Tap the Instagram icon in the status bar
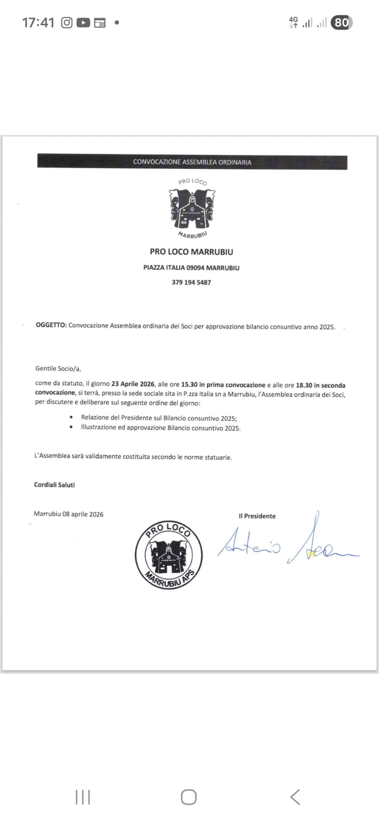[67, 23]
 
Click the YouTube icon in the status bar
[83, 23]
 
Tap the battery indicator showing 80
[341, 23]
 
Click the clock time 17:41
[38, 23]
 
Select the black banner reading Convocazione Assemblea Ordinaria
[192, 162]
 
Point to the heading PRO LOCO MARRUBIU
[191, 252]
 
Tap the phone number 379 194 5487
[191, 282]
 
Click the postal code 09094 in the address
[195, 268]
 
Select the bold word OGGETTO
[51, 325]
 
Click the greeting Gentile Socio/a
[58, 368]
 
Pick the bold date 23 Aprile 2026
[133, 384]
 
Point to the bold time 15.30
[189, 384]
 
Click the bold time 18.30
[304, 385]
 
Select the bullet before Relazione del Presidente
[71, 417]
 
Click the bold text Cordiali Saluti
[55, 485]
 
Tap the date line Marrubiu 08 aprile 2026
[69, 514]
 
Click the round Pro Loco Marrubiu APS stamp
[168, 555]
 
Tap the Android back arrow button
[295, 797]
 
